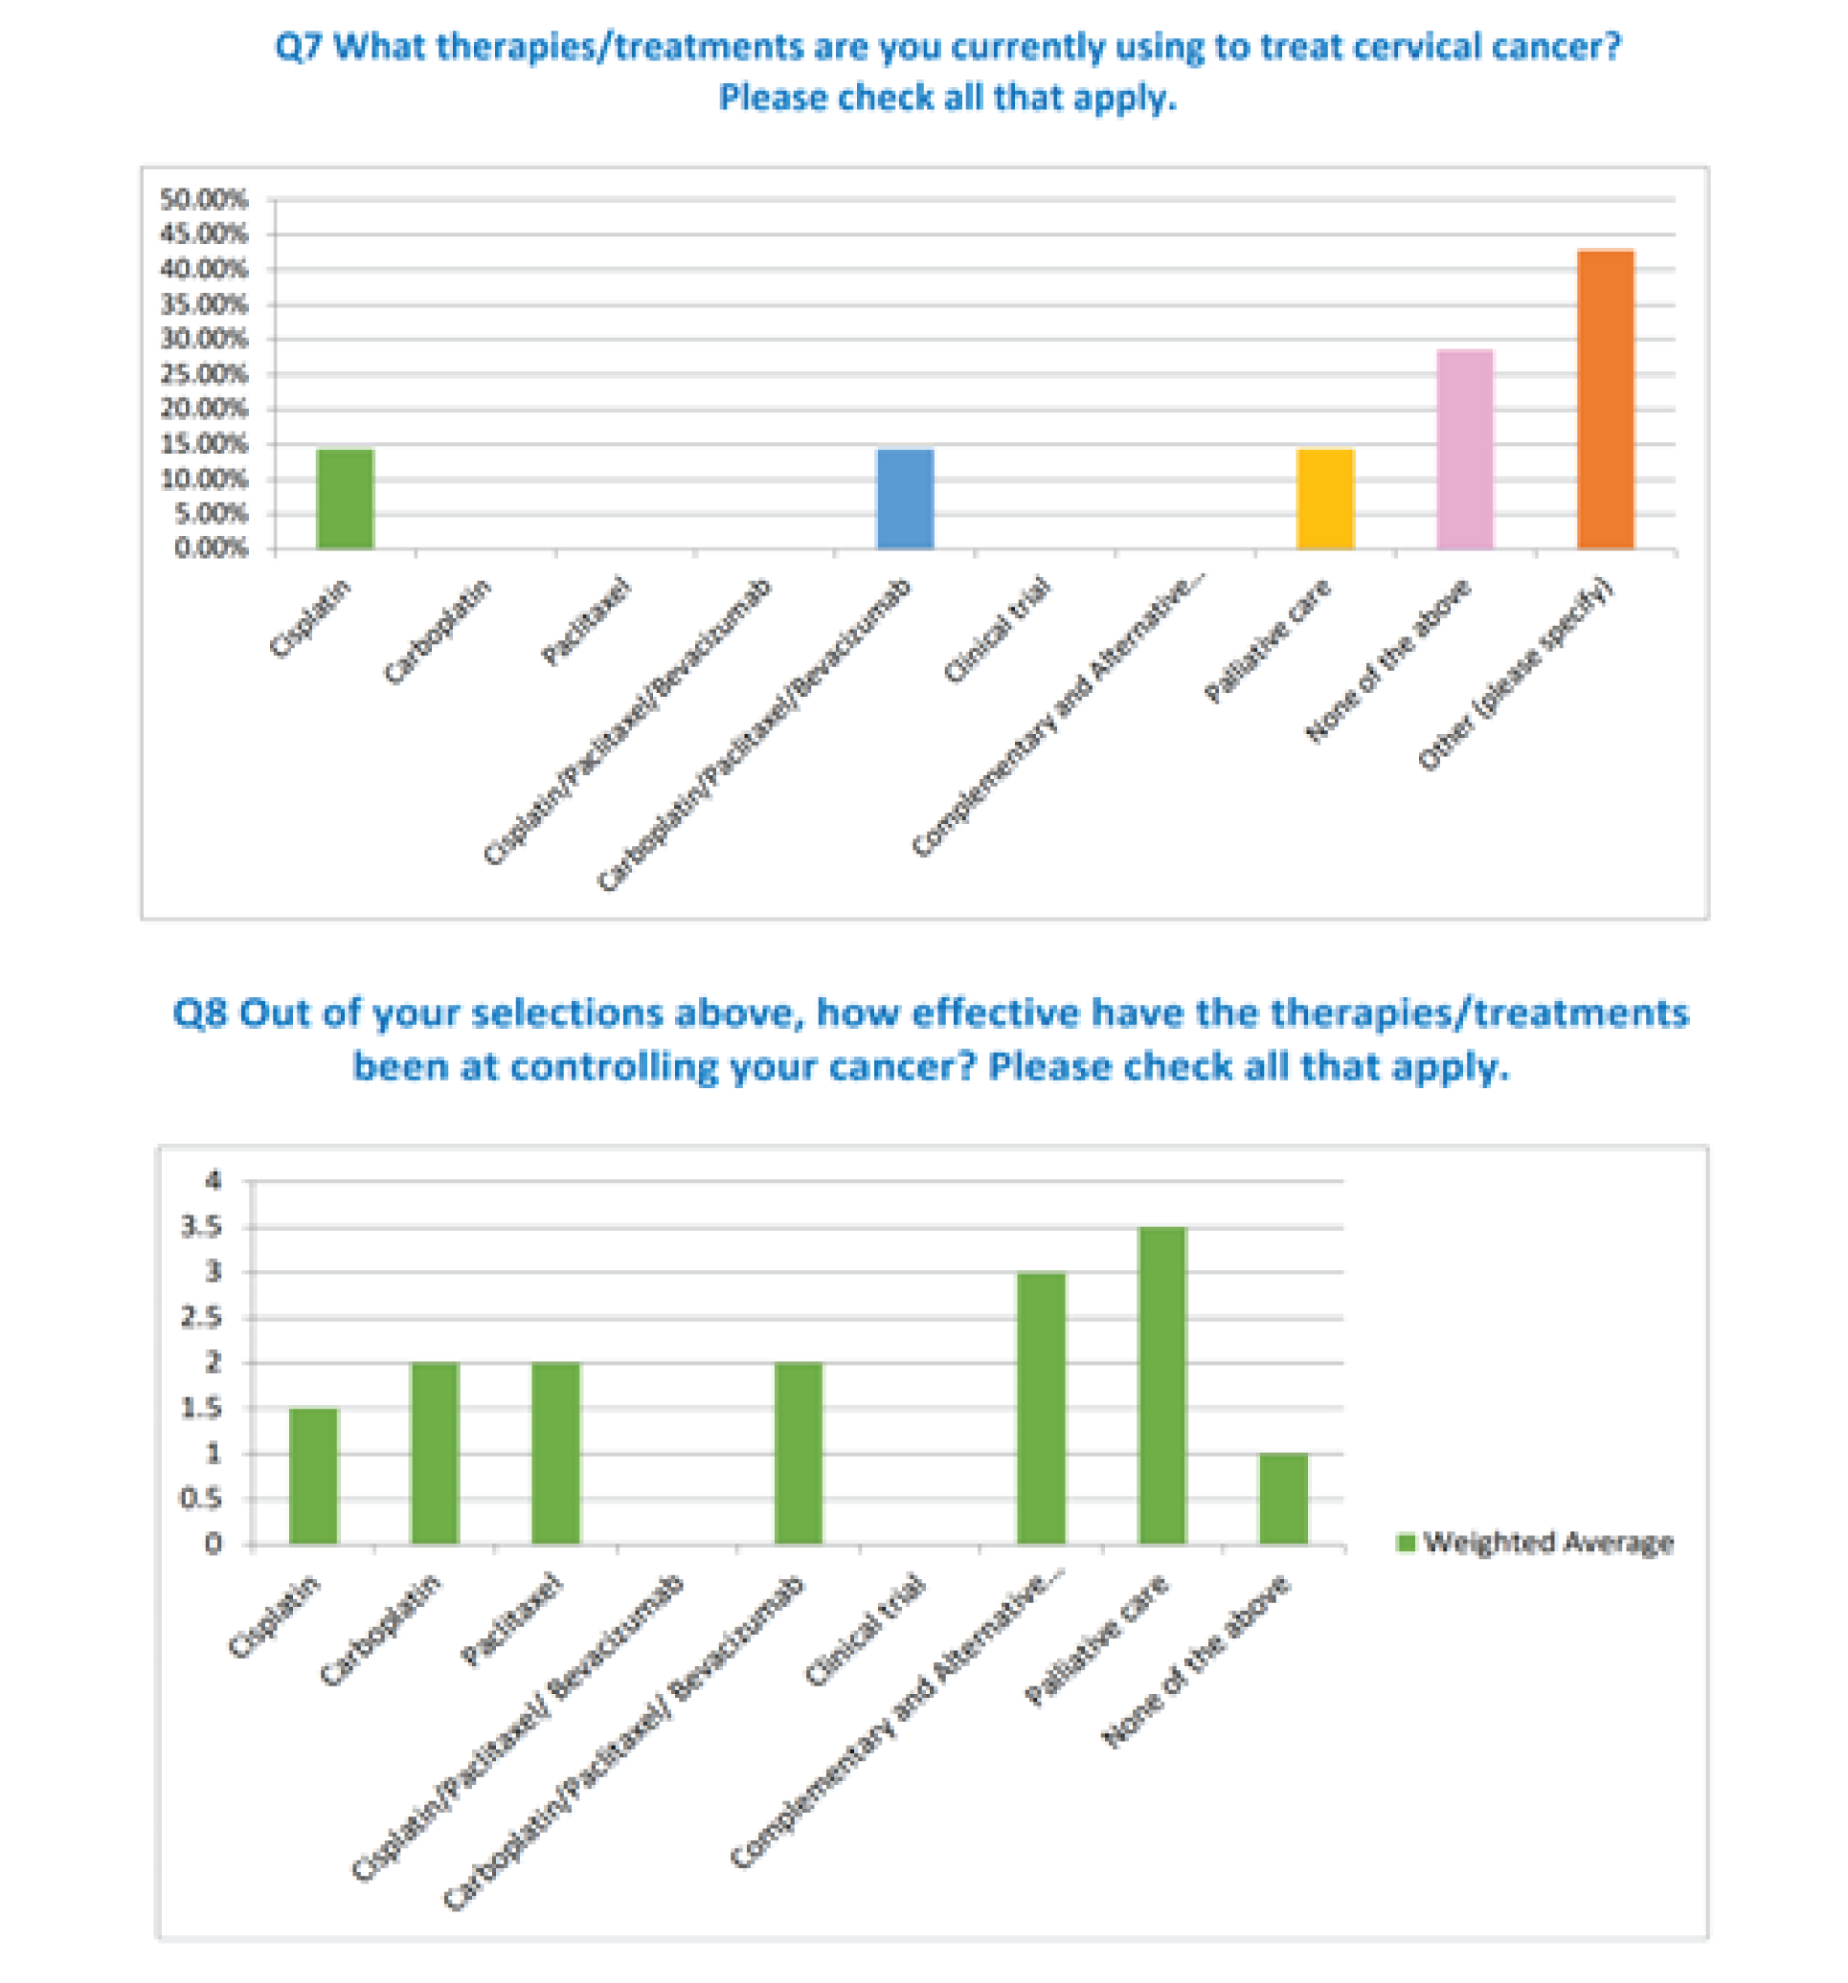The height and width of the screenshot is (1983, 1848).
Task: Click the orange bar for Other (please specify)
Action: pos(1605,399)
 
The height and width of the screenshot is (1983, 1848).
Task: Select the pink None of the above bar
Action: pos(1464,449)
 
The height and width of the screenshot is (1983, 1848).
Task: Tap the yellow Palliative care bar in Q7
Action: pos(1324,499)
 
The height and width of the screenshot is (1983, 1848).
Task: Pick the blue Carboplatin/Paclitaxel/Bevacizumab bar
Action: pos(904,499)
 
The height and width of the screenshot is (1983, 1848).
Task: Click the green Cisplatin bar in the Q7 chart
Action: pos(345,499)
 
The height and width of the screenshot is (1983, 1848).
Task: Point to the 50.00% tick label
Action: pos(203,199)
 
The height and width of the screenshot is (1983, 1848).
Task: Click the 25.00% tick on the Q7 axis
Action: pos(203,374)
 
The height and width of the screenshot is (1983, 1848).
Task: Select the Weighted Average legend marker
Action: pos(1405,1542)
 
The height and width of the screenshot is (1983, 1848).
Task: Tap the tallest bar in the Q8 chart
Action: pos(1161,1386)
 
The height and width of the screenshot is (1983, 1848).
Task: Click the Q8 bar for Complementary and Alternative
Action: pos(1041,1409)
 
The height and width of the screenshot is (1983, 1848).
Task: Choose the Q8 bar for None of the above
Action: pos(1282,1500)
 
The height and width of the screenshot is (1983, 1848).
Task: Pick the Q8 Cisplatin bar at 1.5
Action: pos(313,1477)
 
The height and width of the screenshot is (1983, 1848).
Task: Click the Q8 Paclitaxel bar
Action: pos(554,1454)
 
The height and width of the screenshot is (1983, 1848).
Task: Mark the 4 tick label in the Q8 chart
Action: pos(213,1181)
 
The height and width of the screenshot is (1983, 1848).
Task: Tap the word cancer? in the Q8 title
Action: pos(902,1066)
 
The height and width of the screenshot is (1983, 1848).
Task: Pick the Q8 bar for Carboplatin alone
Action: pos(434,1454)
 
